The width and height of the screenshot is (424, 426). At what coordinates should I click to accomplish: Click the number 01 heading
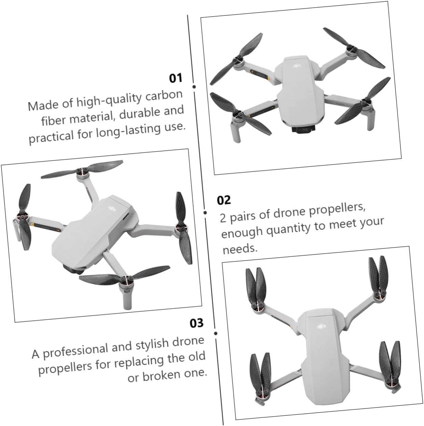tap(176, 78)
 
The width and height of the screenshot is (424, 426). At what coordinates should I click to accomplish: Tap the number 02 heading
tap(223, 200)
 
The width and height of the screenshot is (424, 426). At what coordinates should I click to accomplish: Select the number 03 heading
tap(196, 323)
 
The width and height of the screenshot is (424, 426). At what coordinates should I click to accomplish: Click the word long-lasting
tap(128, 130)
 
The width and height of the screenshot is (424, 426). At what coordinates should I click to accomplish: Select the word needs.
tap(240, 249)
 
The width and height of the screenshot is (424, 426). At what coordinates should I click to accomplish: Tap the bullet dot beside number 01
tap(194, 86)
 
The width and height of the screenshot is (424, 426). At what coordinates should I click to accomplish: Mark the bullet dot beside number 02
tap(205, 213)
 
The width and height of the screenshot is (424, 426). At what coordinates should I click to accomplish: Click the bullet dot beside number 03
tap(216, 333)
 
